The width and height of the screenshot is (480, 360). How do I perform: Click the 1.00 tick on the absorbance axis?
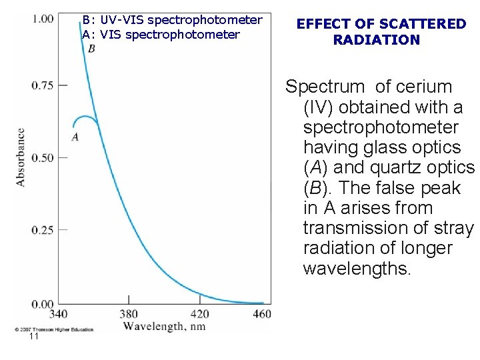point(43,18)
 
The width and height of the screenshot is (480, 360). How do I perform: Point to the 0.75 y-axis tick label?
point(43,85)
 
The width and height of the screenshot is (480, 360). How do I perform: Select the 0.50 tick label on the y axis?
point(43,157)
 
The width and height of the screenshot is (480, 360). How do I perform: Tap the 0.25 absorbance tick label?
point(43,230)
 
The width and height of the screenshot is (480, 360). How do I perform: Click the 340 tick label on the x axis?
point(59,313)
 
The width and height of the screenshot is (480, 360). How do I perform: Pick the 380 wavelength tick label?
point(129,313)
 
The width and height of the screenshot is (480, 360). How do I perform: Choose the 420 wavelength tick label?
point(199,313)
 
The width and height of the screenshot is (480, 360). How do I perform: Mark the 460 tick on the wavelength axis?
point(262,313)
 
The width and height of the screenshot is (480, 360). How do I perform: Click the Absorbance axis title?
point(21,157)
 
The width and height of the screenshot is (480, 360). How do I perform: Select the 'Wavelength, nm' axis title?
point(163,327)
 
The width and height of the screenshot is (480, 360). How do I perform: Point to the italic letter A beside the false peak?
point(75,137)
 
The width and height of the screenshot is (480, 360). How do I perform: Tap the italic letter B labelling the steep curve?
point(91,49)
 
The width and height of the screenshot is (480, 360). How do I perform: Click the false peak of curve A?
point(84,117)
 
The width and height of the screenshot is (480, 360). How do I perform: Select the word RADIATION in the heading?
point(377,40)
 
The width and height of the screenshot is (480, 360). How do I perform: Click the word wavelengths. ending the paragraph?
point(358,269)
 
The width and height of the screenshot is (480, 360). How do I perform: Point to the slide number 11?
point(34,337)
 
